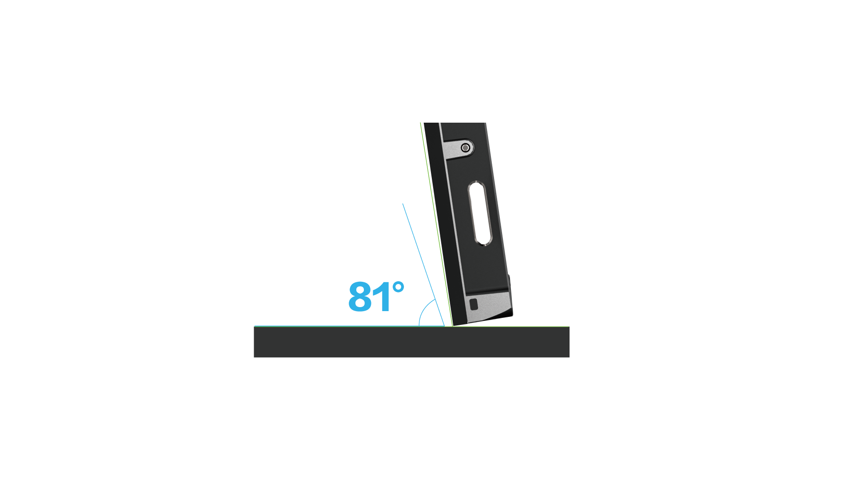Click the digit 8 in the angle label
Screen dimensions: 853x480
coord(360,296)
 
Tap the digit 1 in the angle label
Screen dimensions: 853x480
coord(383,296)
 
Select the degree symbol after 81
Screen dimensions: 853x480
coord(399,287)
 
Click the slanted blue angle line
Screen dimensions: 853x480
coord(423,265)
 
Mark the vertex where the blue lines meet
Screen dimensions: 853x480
coord(444,326)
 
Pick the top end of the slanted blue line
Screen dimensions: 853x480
coord(403,204)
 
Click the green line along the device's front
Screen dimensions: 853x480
coord(437,224)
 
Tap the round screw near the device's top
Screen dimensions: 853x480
coord(466,148)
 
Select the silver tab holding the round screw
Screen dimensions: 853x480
coord(459,148)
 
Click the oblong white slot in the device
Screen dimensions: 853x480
coord(480,213)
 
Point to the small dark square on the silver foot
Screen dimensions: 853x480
coord(474,304)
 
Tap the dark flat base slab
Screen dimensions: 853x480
coord(411,342)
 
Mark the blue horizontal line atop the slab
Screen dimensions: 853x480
coord(349,326)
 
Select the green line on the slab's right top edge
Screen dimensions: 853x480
coord(511,327)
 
